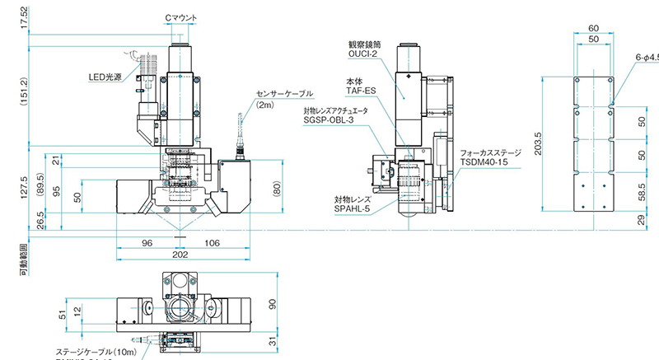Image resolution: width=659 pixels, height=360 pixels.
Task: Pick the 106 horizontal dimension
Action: tap(210, 243)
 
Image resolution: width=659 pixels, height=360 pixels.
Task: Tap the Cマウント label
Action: tap(182, 16)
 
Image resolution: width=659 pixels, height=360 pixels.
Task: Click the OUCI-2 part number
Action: tap(362, 54)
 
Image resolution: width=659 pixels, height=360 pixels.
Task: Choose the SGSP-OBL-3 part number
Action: tap(328, 121)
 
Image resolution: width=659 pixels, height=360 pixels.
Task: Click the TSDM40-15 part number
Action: tap(486, 163)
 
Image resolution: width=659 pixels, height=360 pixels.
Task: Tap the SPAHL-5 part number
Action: tap(353, 209)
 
